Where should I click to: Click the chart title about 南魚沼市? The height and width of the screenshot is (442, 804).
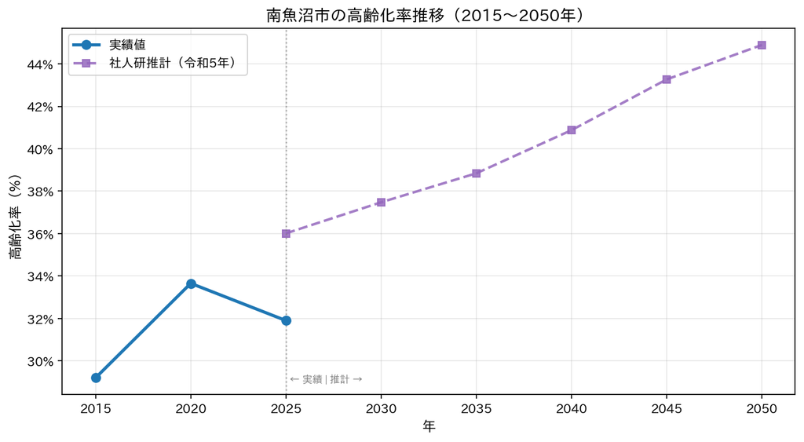pos(425,16)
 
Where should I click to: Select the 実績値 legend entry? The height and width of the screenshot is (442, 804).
pos(109,45)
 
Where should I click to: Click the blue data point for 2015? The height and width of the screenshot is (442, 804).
pos(96,378)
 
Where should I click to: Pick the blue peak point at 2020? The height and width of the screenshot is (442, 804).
pos(191,283)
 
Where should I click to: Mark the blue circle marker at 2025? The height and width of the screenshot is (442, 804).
pos(286,320)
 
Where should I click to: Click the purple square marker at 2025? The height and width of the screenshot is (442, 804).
pos(286,234)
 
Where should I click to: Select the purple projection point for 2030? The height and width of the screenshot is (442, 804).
pos(381,202)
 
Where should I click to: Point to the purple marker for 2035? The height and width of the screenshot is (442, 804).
pos(477,174)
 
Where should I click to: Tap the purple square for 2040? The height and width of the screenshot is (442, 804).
pos(572,130)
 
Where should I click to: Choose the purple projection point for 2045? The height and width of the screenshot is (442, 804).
pos(667,79)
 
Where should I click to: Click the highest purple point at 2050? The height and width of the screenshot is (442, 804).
pos(762,45)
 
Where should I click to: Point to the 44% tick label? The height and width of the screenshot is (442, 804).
pos(41,64)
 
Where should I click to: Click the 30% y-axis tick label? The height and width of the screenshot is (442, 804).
pos(41,361)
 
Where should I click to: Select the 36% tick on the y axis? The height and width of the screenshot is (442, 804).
pos(41,234)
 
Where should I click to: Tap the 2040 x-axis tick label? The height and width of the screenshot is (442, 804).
pos(572,409)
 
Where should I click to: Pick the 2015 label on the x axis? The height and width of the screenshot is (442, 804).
pos(96,409)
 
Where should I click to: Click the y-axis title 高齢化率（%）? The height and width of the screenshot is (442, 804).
pos(16,217)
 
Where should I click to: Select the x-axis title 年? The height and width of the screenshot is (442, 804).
pos(429,426)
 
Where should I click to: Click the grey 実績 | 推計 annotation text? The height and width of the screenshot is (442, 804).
pos(326,379)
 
